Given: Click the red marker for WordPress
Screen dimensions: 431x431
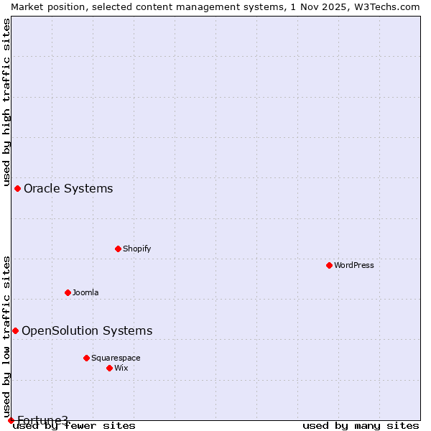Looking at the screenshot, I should click(x=329, y=265).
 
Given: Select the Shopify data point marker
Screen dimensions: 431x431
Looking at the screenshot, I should click(x=118, y=249).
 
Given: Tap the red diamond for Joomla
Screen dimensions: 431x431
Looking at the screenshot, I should click(x=68, y=292).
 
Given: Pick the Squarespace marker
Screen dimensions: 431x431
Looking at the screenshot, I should click(x=86, y=358).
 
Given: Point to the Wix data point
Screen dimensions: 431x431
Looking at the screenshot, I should click(x=109, y=368).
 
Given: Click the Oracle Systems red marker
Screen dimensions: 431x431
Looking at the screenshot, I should click(x=17, y=188).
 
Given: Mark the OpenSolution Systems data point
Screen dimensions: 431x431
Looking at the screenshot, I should click(x=15, y=330).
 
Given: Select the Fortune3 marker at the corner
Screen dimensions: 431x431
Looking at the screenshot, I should click(x=11, y=420).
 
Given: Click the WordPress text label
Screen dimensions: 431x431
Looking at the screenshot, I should click(x=354, y=265).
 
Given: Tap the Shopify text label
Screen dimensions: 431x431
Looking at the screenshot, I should click(x=136, y=249).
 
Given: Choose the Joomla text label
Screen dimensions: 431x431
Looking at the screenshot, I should click(x=85, y=292).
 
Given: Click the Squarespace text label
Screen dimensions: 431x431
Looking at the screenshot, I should click(x=116, y=358).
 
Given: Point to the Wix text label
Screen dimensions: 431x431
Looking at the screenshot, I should click(x=121, y=368).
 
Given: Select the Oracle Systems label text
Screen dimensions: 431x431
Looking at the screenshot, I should click(x=68, y=189).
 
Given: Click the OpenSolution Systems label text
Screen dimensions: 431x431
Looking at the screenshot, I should click(x=87, y=331).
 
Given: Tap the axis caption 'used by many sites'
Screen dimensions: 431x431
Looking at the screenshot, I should click(x=361, y=426).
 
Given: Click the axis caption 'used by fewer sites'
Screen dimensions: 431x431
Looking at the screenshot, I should click(x=75, y=426).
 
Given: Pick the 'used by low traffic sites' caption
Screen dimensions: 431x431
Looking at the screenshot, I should click(x=6, y=331).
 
